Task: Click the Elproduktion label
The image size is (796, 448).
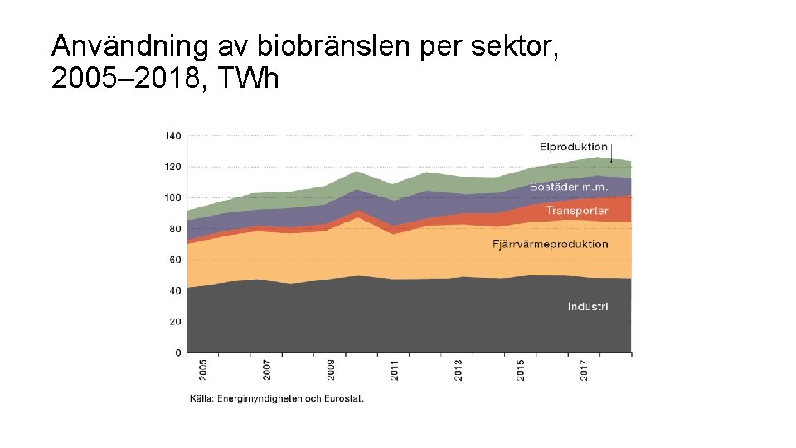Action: click(x=574, y=148)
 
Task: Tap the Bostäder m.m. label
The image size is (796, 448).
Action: click(x=569, y=187)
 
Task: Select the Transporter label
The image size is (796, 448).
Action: click(x=577, y=211)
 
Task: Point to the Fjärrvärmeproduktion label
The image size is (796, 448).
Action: click(x=551, y=244)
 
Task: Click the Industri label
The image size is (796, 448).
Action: click(x=588, y=307)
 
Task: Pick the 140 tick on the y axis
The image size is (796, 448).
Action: click(x=172, y=135)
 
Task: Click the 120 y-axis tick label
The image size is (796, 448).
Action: click(x=172, y=167)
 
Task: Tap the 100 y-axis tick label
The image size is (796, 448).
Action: click(x=172, y=197)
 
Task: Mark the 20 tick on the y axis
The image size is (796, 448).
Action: click(x=175, y=322)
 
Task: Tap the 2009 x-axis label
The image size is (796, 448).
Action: click(x=331, y=370)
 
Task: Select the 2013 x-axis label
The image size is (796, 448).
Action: click(x=459, y=370)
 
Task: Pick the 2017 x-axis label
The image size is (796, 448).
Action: click(x=585, y=370)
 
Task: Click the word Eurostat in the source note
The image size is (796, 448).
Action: click(x=342, y=398)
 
